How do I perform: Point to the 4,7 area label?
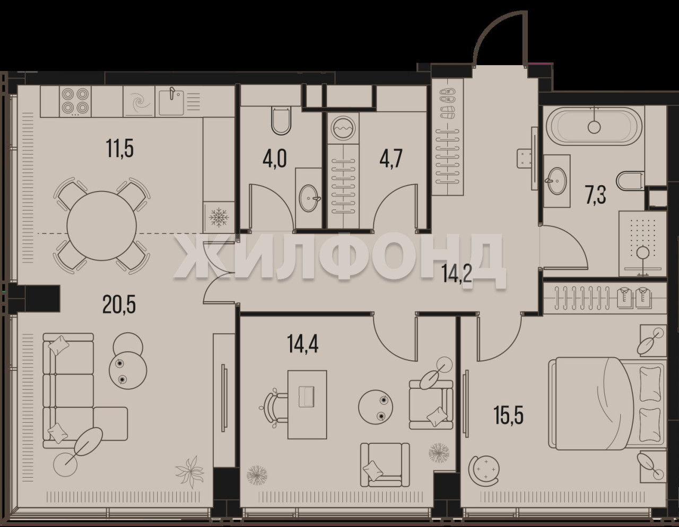pyautogui.click(x=391, y=159)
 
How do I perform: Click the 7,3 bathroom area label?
pyautogui.click(x=596, y=195)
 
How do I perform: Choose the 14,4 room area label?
pyautogui.click(x=302, y=344)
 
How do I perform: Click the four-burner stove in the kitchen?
pyautogui.click(x=74, y=101)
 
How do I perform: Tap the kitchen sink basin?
pyautogui.click(x=171, y=102)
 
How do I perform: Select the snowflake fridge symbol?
pyautogui.click(x=219, y=217)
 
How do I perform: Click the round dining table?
pyautogui.click(x=101, y=225)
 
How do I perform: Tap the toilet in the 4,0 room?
pyautogui.click(x=281, y=120)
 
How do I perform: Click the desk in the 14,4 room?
pyautogui.click(x=307, y=405)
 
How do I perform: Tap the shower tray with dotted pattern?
pyautogui.click(x=642, y=243)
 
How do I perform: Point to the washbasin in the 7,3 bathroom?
pyautogui.click(x=557, y=180)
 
